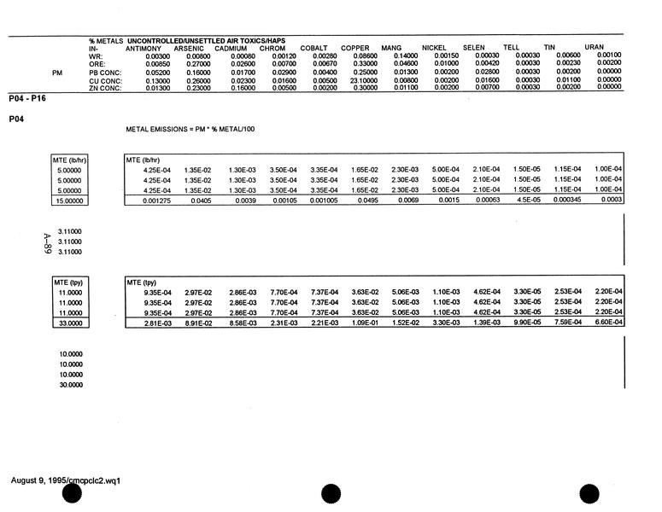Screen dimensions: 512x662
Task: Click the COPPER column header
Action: coord(354,48)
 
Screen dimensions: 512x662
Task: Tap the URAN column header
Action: coord(595,48)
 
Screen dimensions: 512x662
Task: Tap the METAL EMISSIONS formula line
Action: coord(190,129)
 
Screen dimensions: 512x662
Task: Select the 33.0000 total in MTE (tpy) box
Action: coord(72,323)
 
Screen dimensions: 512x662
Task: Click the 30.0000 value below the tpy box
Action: coord(71,385)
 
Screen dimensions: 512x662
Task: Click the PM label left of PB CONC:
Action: coord(57,73)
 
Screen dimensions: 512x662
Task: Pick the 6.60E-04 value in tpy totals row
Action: coord(608,323)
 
